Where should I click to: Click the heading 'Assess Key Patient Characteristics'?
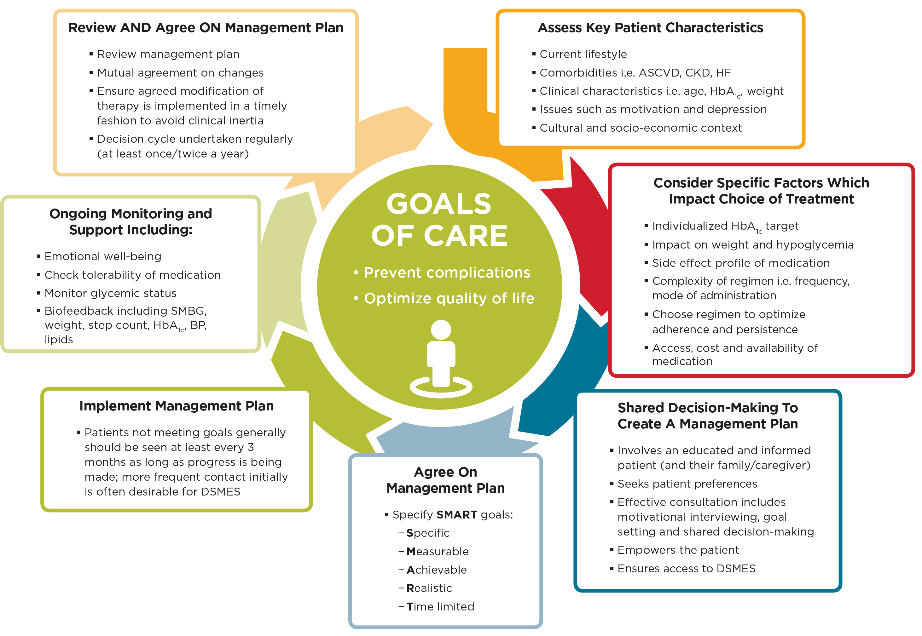pos(650,27)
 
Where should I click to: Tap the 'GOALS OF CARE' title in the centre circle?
pos(439,220)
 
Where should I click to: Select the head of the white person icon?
pos(441,329)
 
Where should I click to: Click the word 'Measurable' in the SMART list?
pos(438,552)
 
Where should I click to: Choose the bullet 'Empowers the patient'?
pos(678,550)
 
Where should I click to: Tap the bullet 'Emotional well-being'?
pos(103,256)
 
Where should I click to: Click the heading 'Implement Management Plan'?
pos(176,406)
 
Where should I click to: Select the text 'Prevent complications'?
pos(447,272)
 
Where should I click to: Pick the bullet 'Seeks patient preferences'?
pos(687,484)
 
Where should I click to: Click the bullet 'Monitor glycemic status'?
pos(110,293)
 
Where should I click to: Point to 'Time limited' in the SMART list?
pos(440,606)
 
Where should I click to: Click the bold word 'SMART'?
pos(457,515)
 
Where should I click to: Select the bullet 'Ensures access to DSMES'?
pos(686,568)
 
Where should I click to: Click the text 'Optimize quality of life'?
pos(449,299)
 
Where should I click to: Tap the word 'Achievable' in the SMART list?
pos(436,570)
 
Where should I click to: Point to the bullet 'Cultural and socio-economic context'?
pos(641,128)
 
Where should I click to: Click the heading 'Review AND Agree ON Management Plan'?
pos(206,27)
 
